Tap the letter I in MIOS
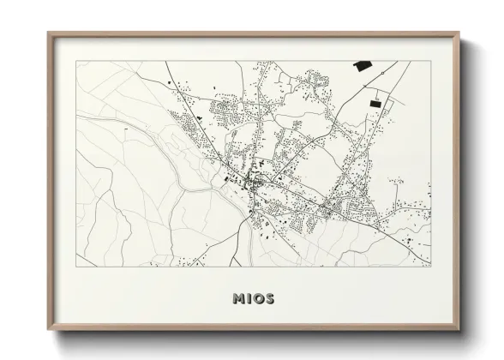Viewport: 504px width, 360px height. [x=248, y=299]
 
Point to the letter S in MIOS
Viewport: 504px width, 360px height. [x=269, y=299]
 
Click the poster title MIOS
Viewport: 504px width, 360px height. [x=253, y=299]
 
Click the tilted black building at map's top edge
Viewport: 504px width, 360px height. [x=362, y=65]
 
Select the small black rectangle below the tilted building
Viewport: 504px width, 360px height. [x=375, y=103]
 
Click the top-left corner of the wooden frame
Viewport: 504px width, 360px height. [x=49, y=33]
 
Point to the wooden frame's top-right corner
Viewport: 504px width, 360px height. [x=459, y=33]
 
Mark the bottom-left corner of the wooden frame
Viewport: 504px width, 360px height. [x=49, y=330]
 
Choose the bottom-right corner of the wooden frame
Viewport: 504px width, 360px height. [x=459, y=330]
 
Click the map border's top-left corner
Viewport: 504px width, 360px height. [x=76, y=61]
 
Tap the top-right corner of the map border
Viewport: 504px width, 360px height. [x=430, y=61]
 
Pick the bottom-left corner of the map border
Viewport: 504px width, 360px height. [x=76, y=266]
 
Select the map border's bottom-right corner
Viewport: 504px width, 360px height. [x=430, y=266]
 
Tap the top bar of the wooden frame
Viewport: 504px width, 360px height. [x=254, y=33]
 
